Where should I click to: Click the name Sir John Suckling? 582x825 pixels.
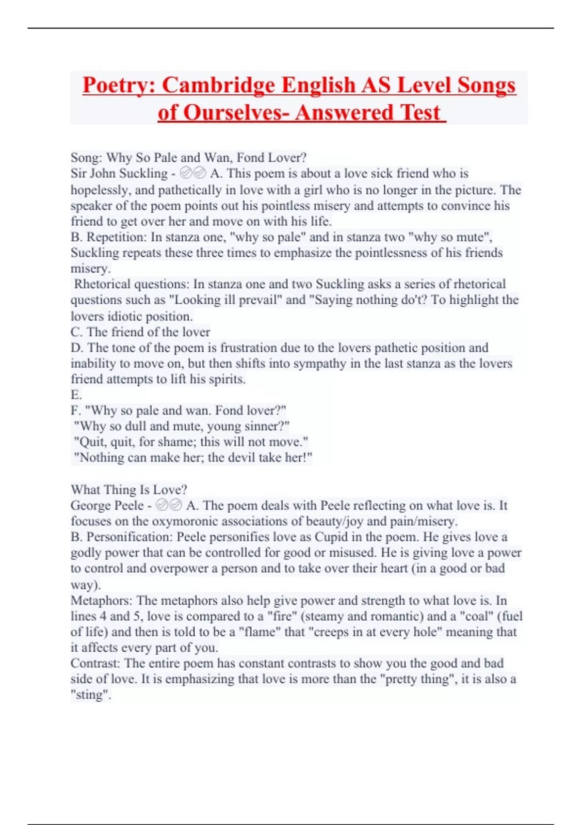pos(119,173)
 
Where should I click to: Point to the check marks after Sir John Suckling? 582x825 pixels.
pos(193,173)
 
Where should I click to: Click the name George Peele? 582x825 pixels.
pos(107,505)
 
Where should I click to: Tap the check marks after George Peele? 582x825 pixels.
pos(169,505)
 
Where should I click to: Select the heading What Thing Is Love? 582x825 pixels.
pos(129,489)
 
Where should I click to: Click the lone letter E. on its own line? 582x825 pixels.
pos(76,395)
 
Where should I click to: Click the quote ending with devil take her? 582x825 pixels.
pos(193,458)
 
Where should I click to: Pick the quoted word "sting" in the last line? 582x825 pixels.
pos(90,695)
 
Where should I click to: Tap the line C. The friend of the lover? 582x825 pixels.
pos(140,332)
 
